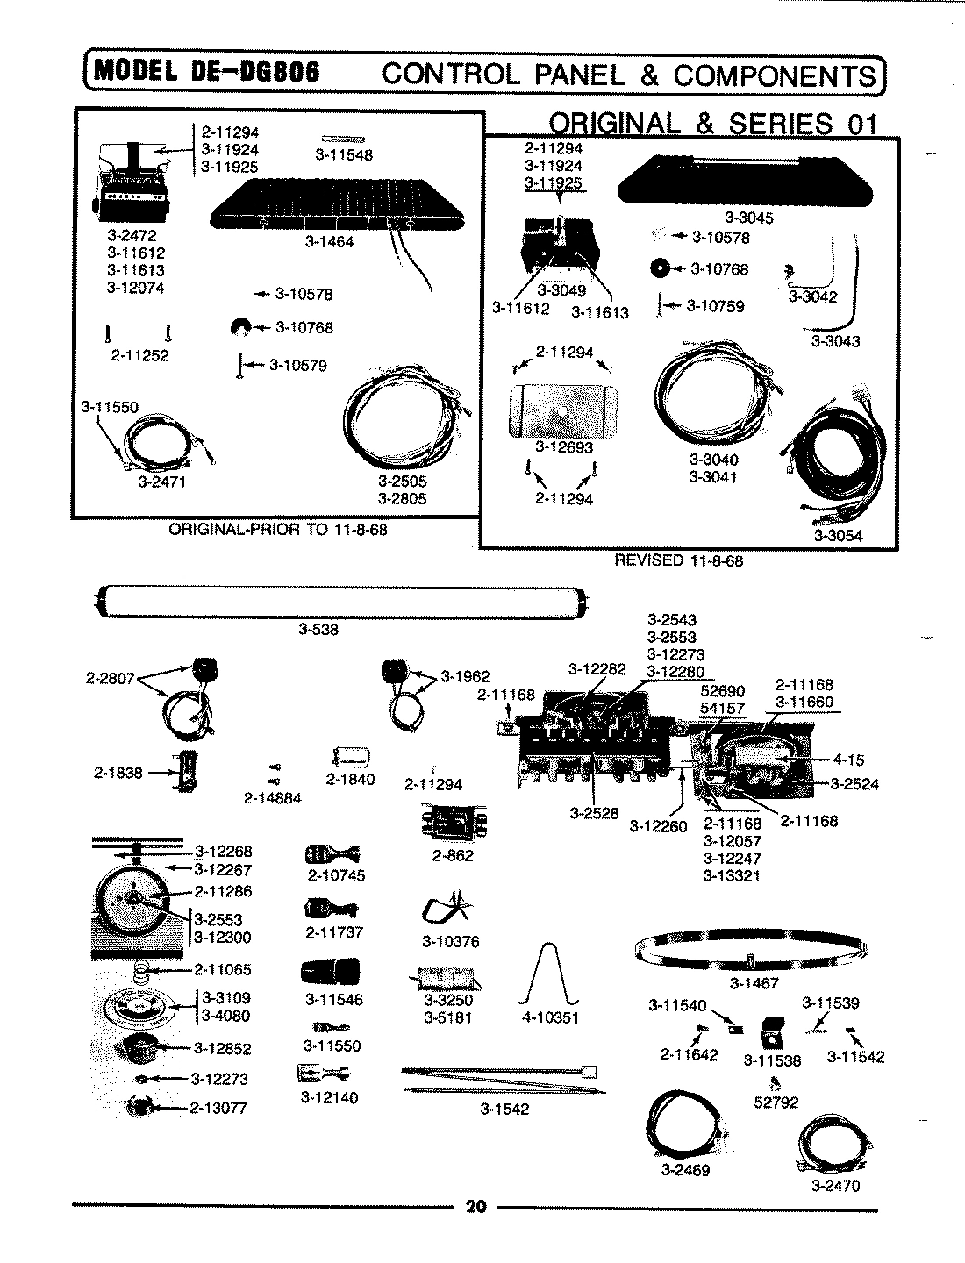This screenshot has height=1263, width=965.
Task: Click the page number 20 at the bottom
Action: click(x=475, y=1207)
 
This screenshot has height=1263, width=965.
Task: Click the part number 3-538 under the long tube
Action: click(x=318, y=629)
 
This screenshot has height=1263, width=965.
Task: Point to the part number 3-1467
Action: click(x=754, y=983)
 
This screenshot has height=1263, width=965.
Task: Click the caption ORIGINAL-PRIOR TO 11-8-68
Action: click(x=277, y=531)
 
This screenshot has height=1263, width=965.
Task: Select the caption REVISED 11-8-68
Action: click(x=678, y=560)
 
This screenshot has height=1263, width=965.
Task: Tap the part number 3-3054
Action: click(x=838, y=537)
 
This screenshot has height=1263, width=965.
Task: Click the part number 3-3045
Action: click(x=749, y=218)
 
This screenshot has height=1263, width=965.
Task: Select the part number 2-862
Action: click(x=453, y=855)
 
